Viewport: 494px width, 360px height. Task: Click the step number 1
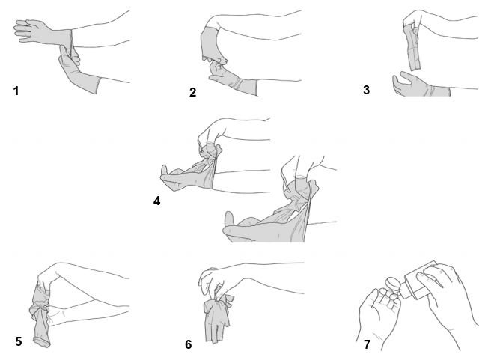16,91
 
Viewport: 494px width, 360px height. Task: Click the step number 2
192,92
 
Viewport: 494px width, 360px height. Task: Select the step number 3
366,90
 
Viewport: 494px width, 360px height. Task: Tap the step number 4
156,201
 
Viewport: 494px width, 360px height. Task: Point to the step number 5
19,341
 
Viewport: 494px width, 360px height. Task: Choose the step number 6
188,344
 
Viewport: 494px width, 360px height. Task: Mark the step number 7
367,344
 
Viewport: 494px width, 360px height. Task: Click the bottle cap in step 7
393,284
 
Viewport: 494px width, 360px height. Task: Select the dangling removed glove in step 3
414,48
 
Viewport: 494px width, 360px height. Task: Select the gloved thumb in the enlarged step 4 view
230,219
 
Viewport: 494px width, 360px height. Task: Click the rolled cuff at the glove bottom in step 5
42,343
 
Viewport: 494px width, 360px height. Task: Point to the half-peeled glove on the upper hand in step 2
210,44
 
